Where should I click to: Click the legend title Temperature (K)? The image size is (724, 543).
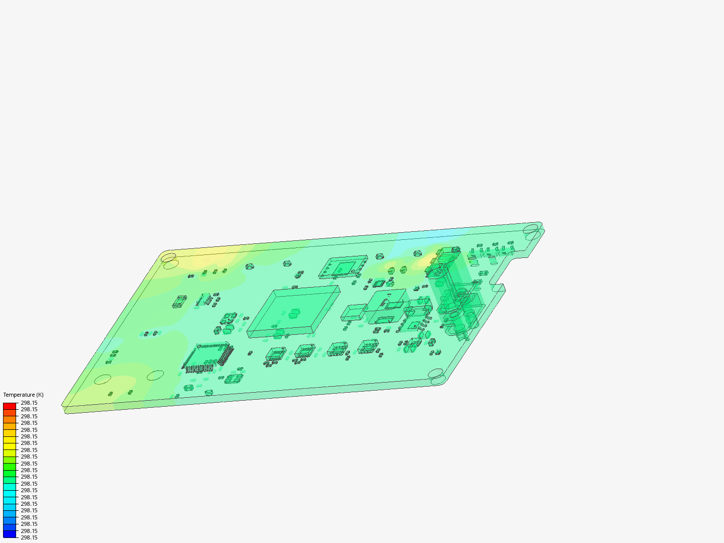click(24, 395)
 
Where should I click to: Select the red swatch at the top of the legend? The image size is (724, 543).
click(10, 406)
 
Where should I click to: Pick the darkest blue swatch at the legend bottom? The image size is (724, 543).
click(10, 534)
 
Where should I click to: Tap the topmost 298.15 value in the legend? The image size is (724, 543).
click(29, 403)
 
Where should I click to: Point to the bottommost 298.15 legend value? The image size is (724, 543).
click(29, 538)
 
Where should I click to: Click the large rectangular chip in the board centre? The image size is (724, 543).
click(294, 312)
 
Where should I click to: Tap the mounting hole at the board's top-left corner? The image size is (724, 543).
click(168, 257)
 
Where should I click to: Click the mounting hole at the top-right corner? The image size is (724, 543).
click(531, 228)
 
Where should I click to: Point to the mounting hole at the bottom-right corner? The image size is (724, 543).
click(436, 374)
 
